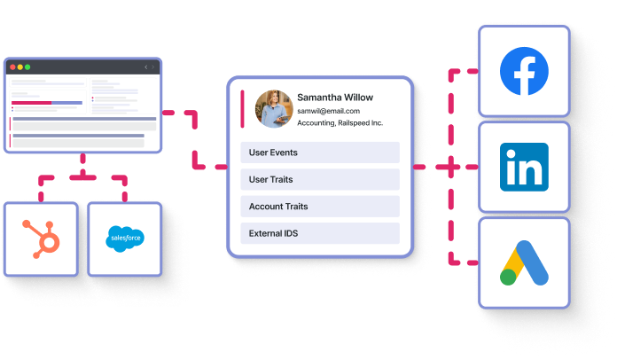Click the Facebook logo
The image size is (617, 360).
click(524, 71)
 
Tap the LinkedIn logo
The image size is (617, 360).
click(524, 167)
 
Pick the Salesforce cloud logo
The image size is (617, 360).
click(124, 239)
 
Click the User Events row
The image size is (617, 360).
click(320, 153)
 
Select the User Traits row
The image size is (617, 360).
click(320, 180)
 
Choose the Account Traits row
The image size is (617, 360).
click(320, 207)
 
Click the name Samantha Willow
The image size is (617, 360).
click(335, 97)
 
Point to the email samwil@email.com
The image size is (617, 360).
click(328, 111)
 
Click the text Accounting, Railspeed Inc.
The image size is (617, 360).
click(340, 123)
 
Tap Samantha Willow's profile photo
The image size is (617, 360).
click(272, 108)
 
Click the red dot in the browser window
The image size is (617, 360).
click(12, 67)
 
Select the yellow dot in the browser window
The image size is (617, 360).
click(20, 67)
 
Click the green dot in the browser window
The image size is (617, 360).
click(27, 67)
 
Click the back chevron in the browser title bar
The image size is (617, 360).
click(145, 67)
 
